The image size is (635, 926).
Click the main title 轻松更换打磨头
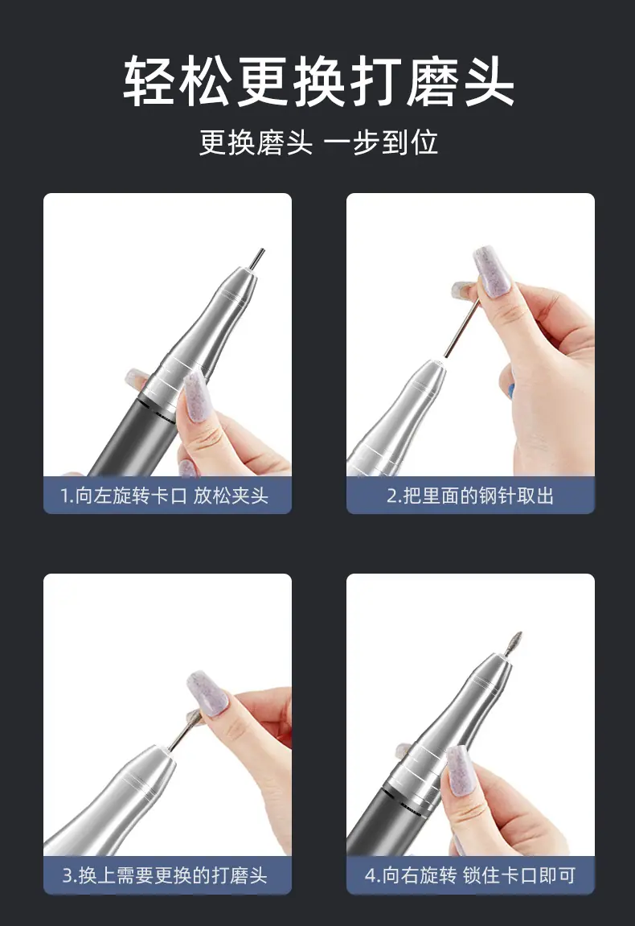pos(318,82)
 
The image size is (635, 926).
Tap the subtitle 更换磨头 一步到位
pos(318,142)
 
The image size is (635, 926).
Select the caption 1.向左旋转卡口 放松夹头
pos(165,495)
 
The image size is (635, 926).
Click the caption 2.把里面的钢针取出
pos(470,495)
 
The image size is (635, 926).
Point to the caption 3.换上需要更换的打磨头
pos(166,875)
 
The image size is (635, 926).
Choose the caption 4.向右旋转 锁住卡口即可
pos(470,875)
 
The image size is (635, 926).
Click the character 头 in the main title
pos(488,82)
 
